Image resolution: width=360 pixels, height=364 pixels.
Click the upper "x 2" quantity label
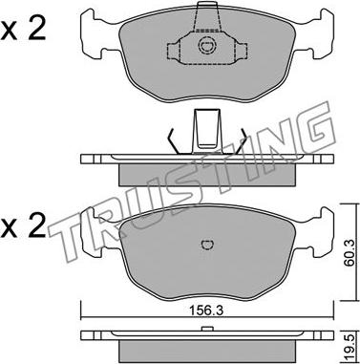tap(23, 30)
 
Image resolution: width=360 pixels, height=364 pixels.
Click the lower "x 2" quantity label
tap(23, 227)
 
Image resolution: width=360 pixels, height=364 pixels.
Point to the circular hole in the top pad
tap(205, 47)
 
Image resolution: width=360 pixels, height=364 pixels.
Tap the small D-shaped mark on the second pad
tap(207, 245)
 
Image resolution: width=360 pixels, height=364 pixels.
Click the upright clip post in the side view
tap(207, 131)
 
